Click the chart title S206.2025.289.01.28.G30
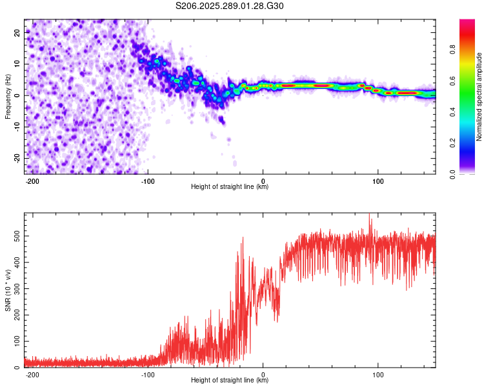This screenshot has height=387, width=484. [230, 6]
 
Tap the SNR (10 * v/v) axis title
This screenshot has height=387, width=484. [8, 290]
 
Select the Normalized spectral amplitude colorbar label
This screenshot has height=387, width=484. [479, 97]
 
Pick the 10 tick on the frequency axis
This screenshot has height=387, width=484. [18, 63]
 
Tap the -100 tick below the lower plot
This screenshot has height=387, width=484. [148, 373]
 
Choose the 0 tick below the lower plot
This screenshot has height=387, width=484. [263, 373]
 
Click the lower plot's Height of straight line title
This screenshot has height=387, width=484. [230, 381]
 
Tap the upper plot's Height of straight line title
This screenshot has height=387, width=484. [230, 187]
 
